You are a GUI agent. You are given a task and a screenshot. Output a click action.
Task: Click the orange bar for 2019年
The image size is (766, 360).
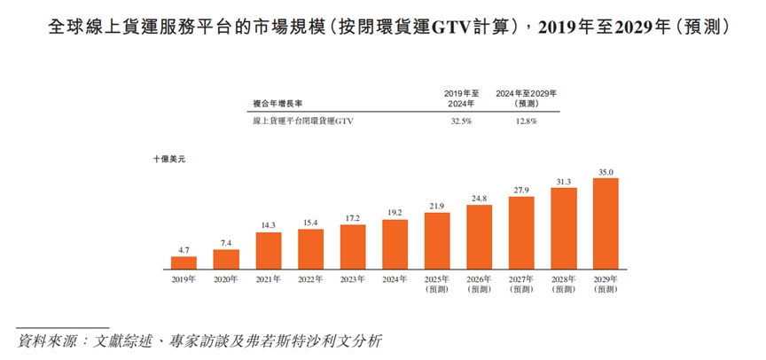[x=184, y=262]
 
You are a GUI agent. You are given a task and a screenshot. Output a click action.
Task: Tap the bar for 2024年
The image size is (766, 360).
[x=395, y=244]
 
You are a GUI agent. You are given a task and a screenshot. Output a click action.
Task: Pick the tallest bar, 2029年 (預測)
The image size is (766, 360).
[x=606, y=223]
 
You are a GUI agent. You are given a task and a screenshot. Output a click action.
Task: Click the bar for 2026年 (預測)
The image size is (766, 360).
[x=480, y=237]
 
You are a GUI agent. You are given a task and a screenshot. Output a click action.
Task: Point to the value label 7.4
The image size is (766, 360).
[x=226, y=242]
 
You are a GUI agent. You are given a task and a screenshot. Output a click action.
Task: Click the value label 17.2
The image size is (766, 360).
[x=353, y=217]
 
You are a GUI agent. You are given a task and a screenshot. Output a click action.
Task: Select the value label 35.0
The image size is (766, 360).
[x=606, y=171]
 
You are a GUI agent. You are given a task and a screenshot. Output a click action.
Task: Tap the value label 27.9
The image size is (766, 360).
[x=521, y=190]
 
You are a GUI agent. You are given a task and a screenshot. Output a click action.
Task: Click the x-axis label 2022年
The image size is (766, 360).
[x=310, y=279]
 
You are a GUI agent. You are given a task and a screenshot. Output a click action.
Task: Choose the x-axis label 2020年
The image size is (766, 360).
[x=226, y=279]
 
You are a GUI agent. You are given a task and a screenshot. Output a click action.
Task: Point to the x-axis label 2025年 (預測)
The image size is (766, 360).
[x=437, y=284]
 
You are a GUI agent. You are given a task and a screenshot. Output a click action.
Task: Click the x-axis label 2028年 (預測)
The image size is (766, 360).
[x=564, y=284]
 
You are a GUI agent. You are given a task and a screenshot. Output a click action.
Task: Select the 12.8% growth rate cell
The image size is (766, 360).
[x=525, y=121]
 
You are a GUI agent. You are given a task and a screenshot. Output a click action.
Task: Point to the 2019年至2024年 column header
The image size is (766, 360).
[x=461, y=98]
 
